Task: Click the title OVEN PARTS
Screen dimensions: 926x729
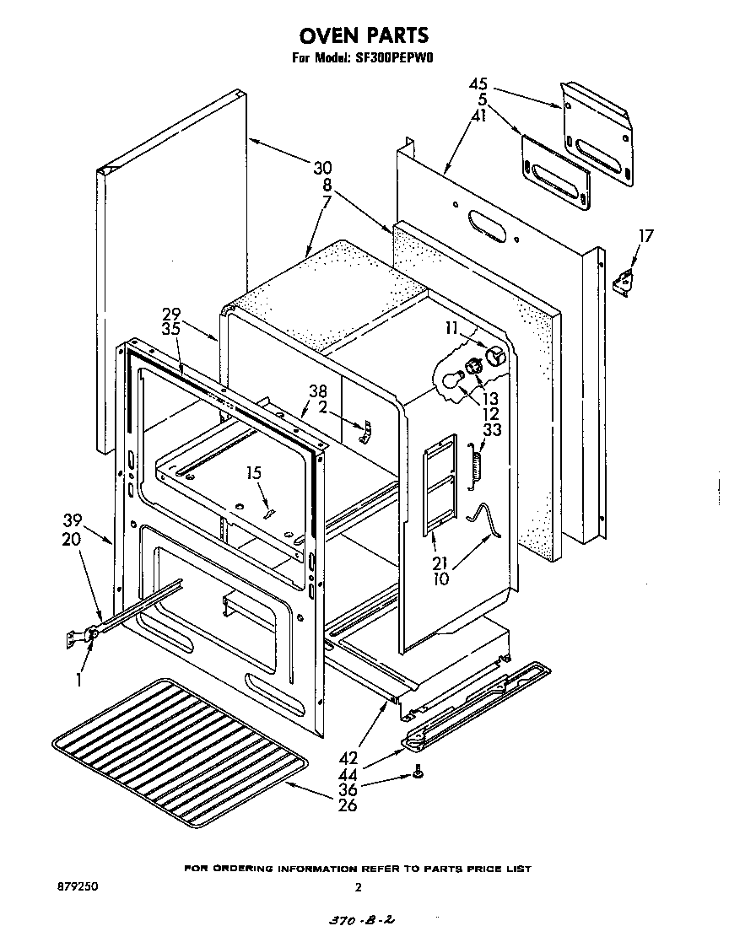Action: click(x=364, y=35)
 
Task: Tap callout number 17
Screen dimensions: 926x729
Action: click(x=645, y=236)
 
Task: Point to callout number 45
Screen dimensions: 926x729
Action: click(x=478, y=84)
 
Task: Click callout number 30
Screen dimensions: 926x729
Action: click(x=322, y=167)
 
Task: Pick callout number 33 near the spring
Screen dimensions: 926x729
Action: click(x=491, y=430)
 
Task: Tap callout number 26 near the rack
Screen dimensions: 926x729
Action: click(x=347, y=805)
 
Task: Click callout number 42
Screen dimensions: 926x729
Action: click(x=348, y=757)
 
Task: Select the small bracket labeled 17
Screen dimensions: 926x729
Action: click(x=624, y=282)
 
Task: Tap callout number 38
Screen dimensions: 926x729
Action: click(x=317, y=391)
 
